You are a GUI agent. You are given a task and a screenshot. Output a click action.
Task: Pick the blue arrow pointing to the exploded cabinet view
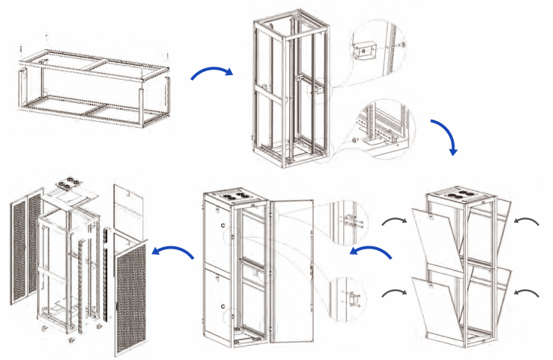(173, 250)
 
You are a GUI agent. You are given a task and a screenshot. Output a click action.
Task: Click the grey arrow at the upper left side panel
(393, 221)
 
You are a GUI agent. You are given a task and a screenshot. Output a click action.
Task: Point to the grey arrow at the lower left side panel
(393, 291)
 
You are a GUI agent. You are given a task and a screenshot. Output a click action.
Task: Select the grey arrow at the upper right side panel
(526, 221)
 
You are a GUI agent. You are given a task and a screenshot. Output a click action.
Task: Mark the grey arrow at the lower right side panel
(526, 291)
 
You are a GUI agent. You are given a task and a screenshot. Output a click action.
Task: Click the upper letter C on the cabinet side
(223, 227)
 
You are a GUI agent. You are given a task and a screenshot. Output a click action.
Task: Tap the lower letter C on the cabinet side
(223, 306)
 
